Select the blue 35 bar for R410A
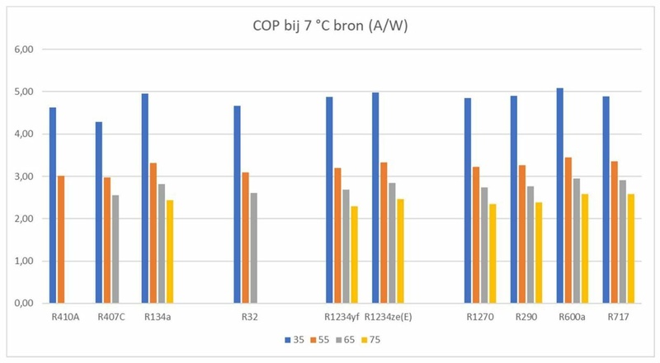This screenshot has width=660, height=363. [53, 205]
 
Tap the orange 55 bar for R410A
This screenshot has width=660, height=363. [61, 239]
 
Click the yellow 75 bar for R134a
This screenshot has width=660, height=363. [170, 252]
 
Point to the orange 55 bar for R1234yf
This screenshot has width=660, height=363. [337, 236]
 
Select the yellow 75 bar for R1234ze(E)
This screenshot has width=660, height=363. [402, 251]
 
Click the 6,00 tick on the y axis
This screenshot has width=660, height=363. [24, 49]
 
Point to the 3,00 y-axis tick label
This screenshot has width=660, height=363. [24, 177]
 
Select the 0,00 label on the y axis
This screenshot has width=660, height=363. [24, 304]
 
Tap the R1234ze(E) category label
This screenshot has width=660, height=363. [386, 316]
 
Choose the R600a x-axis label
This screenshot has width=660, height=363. [571, 316]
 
